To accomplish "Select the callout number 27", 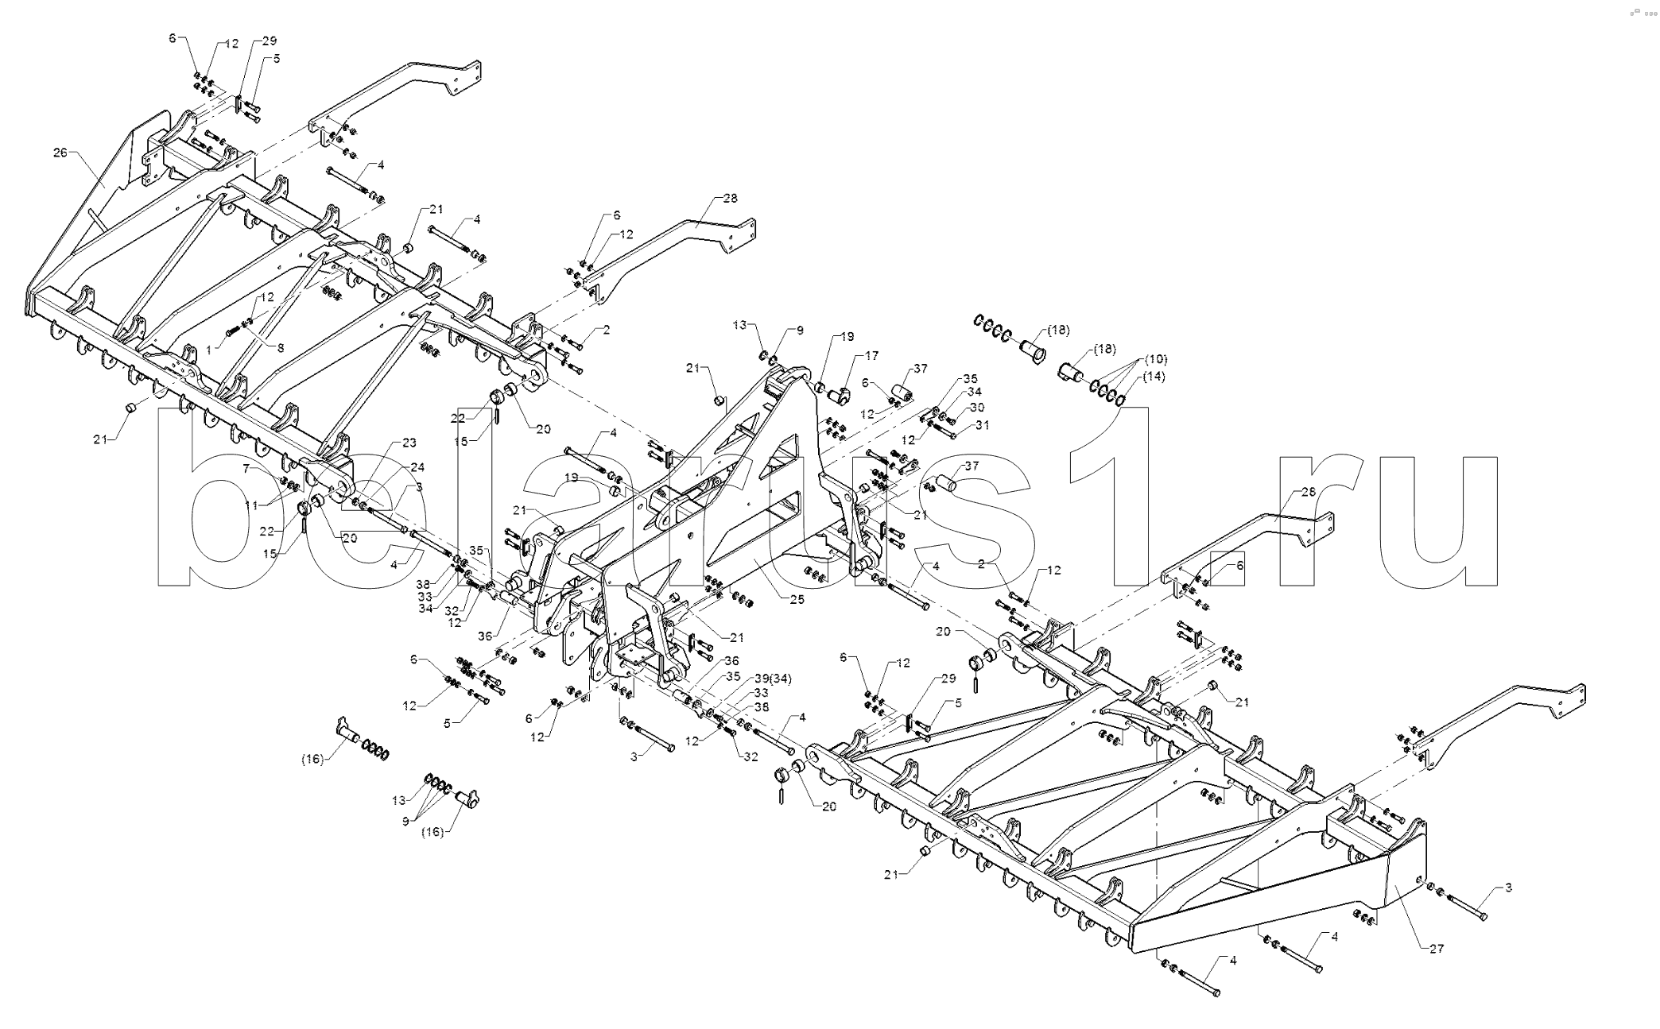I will [1436, 948].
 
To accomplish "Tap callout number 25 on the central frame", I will [797, 600].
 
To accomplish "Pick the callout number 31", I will [983, 425].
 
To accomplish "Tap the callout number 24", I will [417, 466].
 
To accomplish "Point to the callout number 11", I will [251, 505].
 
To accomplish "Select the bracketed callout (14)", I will [1154, 377].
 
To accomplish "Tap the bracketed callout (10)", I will [1156, 359].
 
